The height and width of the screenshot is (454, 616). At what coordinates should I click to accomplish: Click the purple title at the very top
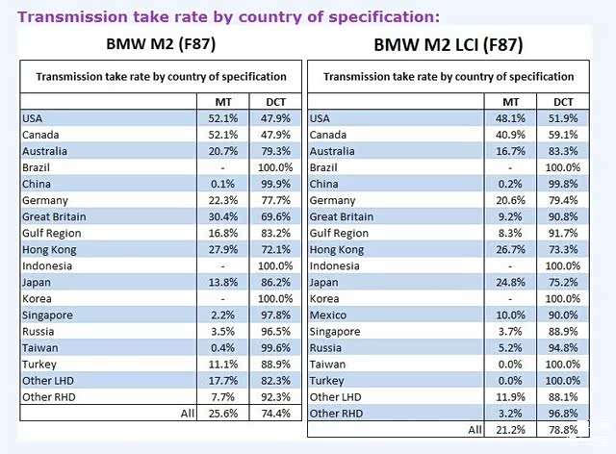point(229,16)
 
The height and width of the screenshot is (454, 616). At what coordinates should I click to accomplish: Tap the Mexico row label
point(329,315)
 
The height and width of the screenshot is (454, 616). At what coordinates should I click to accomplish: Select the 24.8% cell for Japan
point(510,282)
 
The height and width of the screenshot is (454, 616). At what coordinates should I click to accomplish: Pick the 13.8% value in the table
point(222,282)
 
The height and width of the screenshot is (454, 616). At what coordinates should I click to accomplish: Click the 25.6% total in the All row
point(222,413)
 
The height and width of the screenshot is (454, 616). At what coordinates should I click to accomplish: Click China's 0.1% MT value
point(224,184)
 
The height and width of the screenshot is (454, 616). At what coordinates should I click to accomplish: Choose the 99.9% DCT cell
point(275,184)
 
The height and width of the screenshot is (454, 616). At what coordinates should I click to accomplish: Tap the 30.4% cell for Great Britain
point(222,216)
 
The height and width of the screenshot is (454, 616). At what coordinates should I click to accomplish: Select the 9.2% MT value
point(513,216)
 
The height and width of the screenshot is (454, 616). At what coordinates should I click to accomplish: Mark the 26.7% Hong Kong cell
point(510,249)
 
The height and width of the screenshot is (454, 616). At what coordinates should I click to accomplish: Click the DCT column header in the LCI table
point(563,101)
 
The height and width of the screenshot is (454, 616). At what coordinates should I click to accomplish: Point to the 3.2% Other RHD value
point(513,413)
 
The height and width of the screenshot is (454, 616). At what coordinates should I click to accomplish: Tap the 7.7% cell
point(224,396)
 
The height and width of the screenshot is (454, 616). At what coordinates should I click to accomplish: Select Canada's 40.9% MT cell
point(510,135)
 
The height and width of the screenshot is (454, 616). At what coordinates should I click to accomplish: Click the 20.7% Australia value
point(222,151)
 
